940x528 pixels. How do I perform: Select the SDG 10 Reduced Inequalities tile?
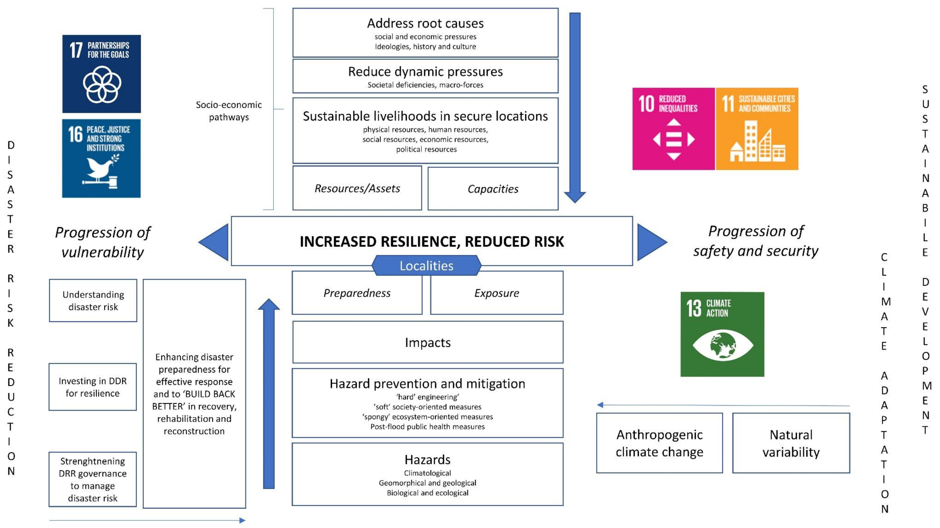click(x=673, y=129)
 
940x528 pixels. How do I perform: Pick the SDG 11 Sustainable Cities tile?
click(x=757, y=129)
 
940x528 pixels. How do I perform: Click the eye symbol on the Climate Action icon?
click(x=723, y=345)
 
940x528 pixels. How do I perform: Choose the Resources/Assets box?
click(x=357, y=188)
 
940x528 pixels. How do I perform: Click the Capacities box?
click(x=493, y=189)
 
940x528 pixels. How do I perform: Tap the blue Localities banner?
click(x=426, y=266)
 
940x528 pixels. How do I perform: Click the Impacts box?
click(x=428, y=342)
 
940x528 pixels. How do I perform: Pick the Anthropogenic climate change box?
click(x=659, y=443)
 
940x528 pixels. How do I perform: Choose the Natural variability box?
click(x=791, y=443)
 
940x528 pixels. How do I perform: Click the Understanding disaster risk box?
click(x=93, y=301)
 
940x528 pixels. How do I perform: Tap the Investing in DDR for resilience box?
click(x=93, y=387)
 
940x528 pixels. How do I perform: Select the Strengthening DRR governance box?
click(x=93, y=479)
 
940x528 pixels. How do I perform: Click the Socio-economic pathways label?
click(x=229, y=111)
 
